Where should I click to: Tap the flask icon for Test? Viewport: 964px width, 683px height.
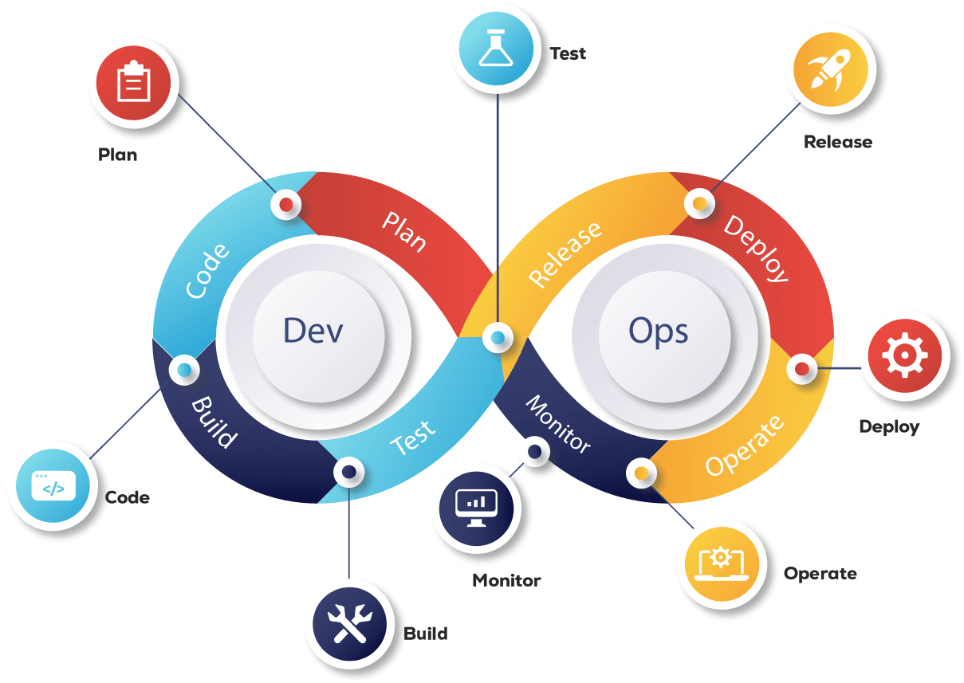pos(498,49)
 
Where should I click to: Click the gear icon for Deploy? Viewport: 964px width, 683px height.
pos(903,355)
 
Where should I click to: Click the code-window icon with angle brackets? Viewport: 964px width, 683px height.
pos(53,485)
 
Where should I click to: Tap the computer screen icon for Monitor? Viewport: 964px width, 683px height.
pos(476,507)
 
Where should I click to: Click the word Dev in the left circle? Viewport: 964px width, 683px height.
pos(313,330)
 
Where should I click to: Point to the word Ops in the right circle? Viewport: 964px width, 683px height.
pos(658,330)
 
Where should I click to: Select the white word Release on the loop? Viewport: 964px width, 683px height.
pos(565,254)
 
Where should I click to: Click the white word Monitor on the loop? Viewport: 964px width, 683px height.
pos(558,423)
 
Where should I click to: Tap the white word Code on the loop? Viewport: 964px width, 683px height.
pos(207,271)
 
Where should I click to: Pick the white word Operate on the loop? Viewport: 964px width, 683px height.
pos(745,446)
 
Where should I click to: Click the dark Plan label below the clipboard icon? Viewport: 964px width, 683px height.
pos(118,155)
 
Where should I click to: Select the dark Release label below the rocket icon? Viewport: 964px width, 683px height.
pos(837,143)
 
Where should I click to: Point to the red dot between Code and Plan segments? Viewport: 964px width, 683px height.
pos(285,205)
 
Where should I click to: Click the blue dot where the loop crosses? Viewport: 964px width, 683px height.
pos(498,338)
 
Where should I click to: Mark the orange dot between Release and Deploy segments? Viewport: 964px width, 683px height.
pos(699,203)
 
